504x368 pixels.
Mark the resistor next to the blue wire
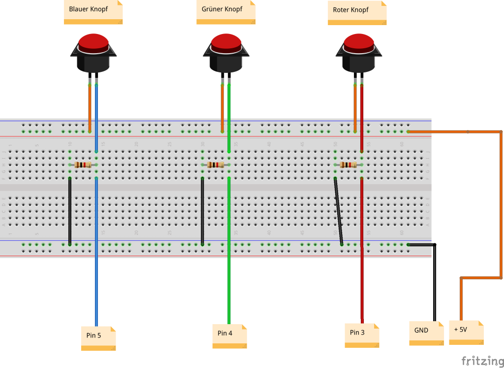coord(84,165)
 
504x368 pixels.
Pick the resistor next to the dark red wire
coord(349,165)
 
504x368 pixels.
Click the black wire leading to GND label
coord(435,286)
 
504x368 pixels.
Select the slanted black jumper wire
coord(338,212)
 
